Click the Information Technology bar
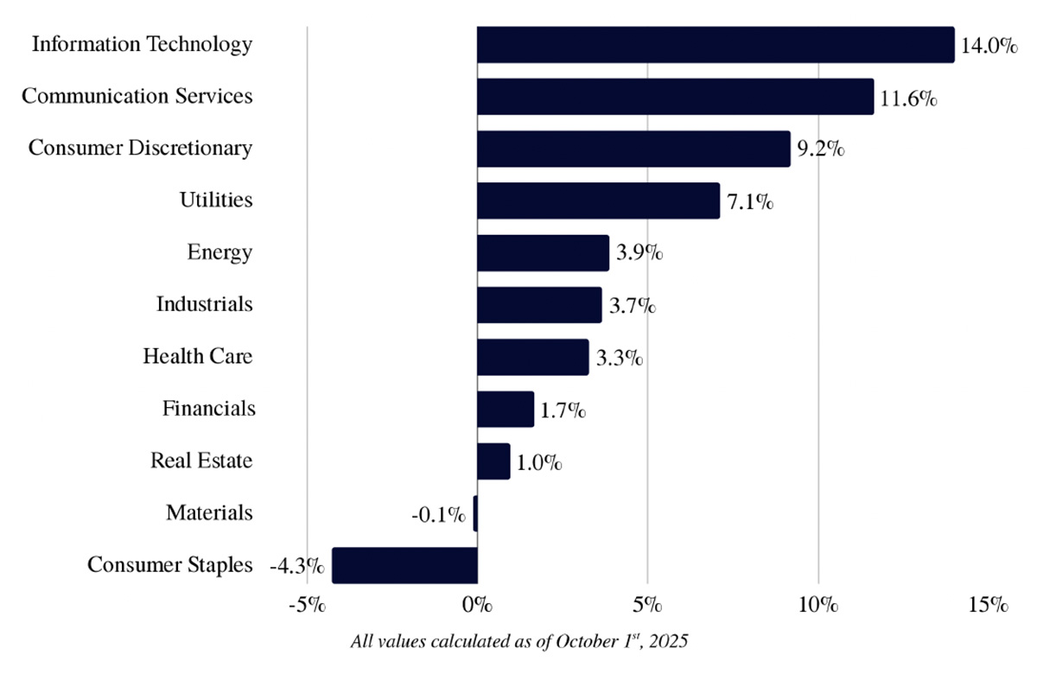(716, 44)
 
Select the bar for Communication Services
(675, 96)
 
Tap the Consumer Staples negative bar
(404, 565)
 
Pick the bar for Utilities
(598, 200)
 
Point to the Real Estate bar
(493, 461)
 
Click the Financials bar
(506, 409)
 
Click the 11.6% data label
(907, 98)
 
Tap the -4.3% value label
(296, 567)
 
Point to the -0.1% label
(438, 515)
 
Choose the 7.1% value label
(750, 202)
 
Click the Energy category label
(219, 252)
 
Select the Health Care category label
(198, 356)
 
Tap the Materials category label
(209, 512)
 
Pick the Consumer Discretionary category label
(140, 148)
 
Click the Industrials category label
(204, 304)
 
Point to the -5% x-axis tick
(307, 604)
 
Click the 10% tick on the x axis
(818, 604)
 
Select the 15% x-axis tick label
(989, 604)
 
